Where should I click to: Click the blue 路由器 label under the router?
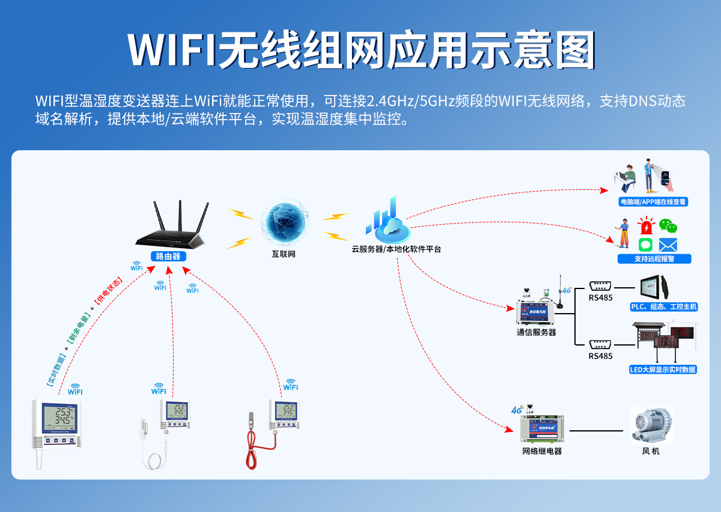(x=168, y=256)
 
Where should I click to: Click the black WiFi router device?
(x=171, y=231)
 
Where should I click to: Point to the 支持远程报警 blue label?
(x=654, y=259)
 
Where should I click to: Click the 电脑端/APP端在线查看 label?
(x=653, y=202)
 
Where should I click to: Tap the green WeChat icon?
(x=668, y=226)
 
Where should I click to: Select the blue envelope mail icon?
(x=668, y=245)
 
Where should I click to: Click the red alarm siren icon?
(x=646, y=227)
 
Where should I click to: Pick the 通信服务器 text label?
(x=537, y=332)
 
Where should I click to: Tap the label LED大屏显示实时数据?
(x=663, y=370)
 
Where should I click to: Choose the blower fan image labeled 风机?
(x=651, y=425)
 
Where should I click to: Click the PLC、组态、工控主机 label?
(x=663, y=306)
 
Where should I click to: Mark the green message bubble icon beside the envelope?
(x=645, y=245)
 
